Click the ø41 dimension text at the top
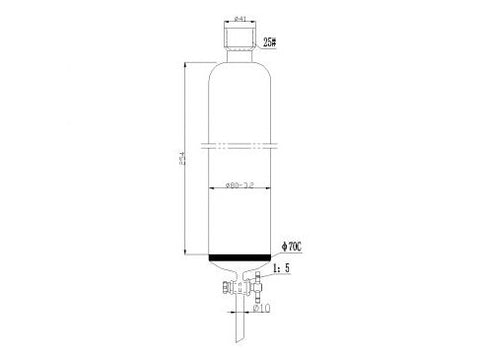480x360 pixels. point(240,18)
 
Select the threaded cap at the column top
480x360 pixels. point(240,37)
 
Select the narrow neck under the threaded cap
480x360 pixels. point(240,56)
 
